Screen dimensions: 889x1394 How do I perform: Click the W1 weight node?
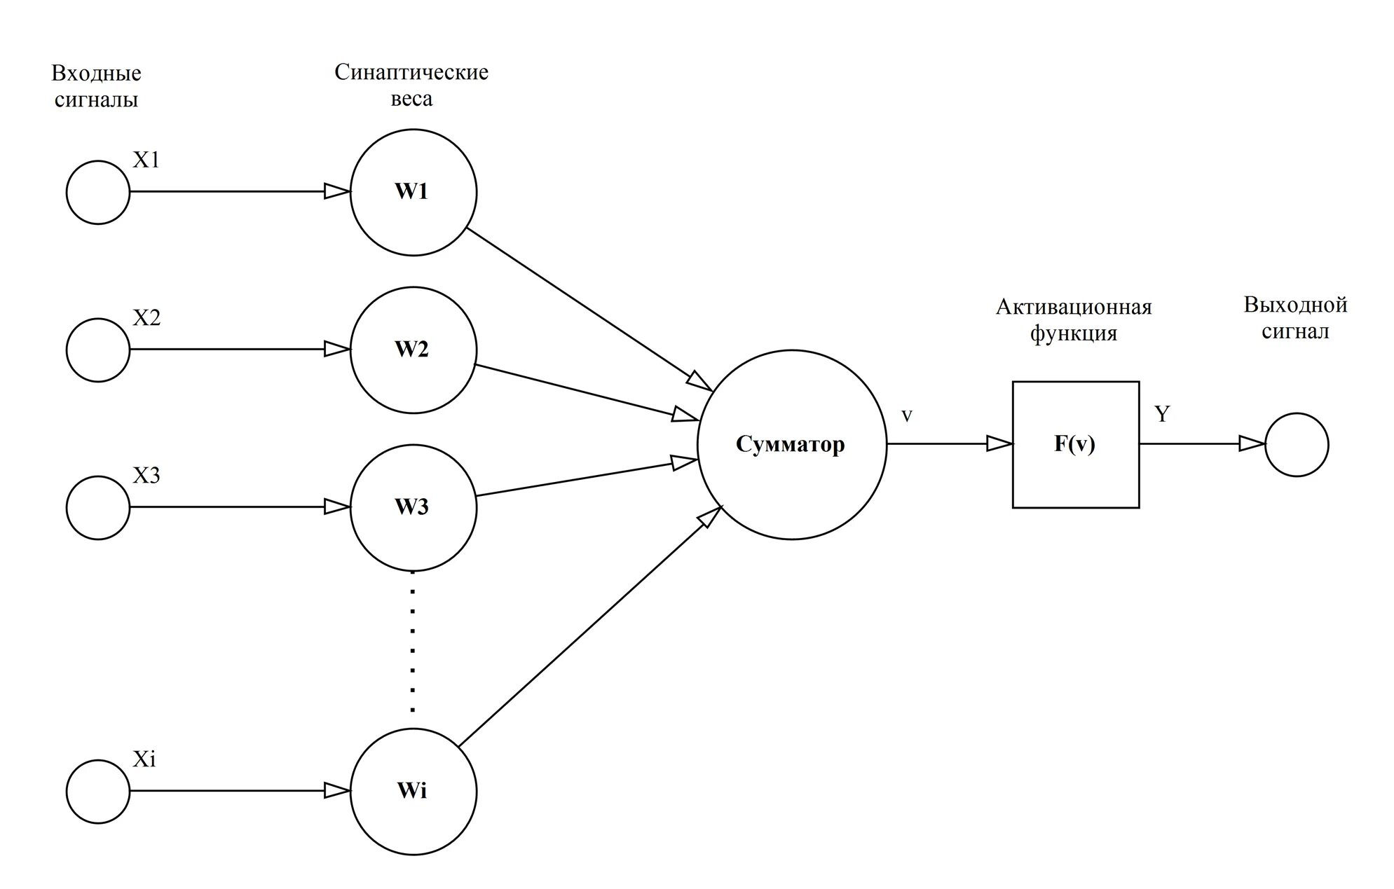pyautogui.click(x=413, y=192)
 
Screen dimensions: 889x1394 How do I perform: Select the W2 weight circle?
pyautogui.click(x=413, y=350)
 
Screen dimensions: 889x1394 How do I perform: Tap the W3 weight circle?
pyautogui.click(x=413, y=507)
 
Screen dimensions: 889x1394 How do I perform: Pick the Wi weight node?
pyautogui.click(x=413, y=791)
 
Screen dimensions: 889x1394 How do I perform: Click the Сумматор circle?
pyautogui.click(x=791, y=444)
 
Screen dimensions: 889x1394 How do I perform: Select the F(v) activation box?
pyautogui.click(x=1075, y=444)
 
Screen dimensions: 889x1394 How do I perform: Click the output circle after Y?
pyautogui.click(x=1296, y=444)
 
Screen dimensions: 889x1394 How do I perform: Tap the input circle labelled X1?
pyautogui.click(x=98, y=192)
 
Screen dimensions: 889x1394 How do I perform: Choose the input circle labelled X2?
pyautogui.click(x=98, y=350)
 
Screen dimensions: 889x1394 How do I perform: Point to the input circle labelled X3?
pyautogui.click(x=98, y=507)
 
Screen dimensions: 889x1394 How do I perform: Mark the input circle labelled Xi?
pyautogui.click(x=98, y=791)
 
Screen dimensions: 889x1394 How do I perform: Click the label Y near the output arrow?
pyautogui.click(x=1162, y=414)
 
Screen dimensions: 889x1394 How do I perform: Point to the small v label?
pyautogui.click(x=906, y=416)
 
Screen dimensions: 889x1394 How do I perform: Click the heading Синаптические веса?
pyautogui.click(x=411, y=85)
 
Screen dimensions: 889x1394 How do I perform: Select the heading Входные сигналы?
pyautogui.click(x=97, y=86)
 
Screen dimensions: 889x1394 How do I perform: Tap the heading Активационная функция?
pyautogui.click(x=1074, y=319)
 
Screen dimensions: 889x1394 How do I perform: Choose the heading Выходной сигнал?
pyautogui.click(x=1295, y=318)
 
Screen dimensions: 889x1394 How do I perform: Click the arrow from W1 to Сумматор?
pyautogui.click(x=589, y=309)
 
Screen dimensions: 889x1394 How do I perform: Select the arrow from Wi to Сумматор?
pyautogui.click(x=589, y=627)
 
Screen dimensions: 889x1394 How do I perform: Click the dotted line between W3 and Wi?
pyautogui.click(x=413, y=641)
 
